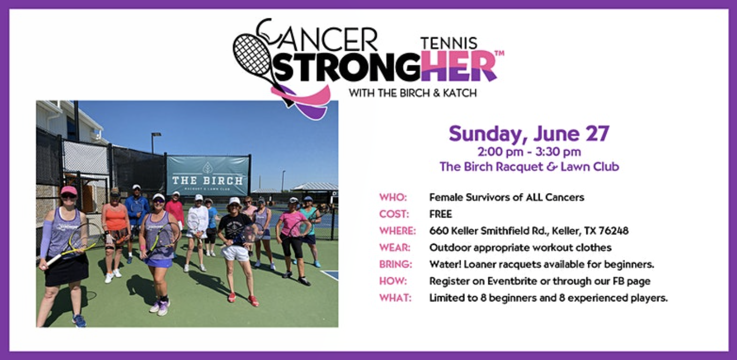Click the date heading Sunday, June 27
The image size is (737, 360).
coord(529,133)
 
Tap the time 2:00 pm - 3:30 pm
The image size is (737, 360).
coord(529,152)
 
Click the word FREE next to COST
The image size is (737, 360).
coord(440,214)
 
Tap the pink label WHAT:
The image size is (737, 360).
coord(395,298)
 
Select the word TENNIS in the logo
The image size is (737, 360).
coord(449,42)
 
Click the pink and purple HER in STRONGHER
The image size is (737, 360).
coord(459,66)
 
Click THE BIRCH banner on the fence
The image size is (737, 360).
coord(208,176)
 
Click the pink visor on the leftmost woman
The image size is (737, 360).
coord(68,190)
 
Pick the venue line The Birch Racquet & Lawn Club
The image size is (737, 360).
coord(529,167)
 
